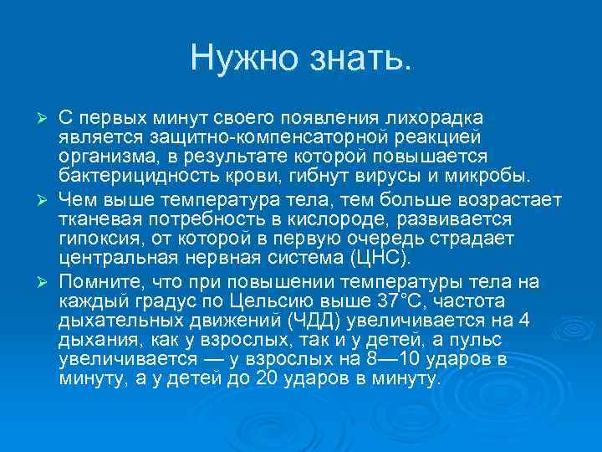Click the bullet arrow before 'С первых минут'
pos(48,114)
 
